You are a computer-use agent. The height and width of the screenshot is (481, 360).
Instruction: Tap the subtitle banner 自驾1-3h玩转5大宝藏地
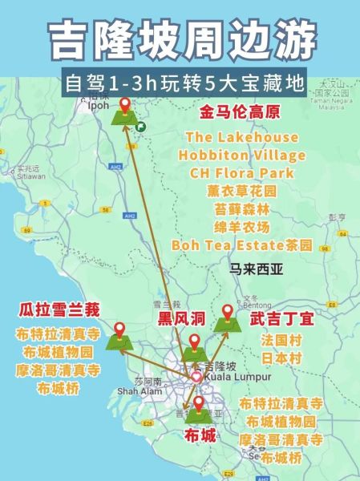180,83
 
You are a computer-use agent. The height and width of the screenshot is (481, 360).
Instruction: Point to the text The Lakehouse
241,137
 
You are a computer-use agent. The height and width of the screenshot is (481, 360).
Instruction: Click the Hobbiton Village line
242,155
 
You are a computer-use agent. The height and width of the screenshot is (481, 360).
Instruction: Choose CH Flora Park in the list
241,172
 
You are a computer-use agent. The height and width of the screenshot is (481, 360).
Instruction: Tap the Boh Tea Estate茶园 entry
242,245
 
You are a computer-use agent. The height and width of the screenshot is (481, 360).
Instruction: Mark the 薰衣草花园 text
241,191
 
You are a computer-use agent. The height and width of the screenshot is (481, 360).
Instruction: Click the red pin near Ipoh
124,105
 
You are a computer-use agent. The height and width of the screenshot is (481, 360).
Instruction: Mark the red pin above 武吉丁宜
227,311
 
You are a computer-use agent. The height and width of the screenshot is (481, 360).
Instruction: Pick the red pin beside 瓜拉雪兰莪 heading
119,329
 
